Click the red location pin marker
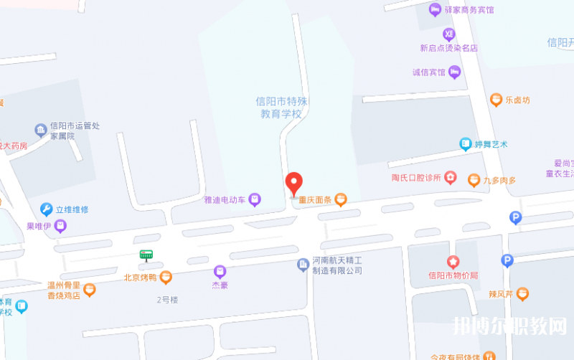[x=294, y=183]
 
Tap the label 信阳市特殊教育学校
[x=281, y=108]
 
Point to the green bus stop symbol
[x=146, y=255]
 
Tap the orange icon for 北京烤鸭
[x=166, y=277]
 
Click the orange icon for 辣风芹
[x=522, y=293]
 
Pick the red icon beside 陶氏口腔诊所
[x=450, y=177]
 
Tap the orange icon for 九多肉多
[x=474, y=180]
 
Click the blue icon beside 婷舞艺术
[x=466, y=144]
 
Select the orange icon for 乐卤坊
[x=496, y=100]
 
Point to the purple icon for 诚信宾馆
[x=454, y=72]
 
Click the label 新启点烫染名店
[x=449, y=48]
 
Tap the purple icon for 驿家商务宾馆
[x=435, y=9]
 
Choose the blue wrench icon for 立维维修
[x=46, y=209]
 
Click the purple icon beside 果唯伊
[x=61, y=227]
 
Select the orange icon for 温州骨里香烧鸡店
[x=90, y=290]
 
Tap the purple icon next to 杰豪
[x=220, y=271]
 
